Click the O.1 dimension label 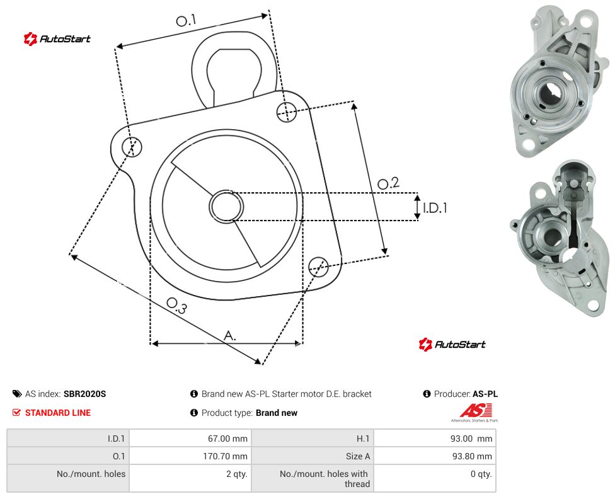click(x=186, y=20)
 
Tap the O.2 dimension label click(x=388, y=183)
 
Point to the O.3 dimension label click(x=176, y=306)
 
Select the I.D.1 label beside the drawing click(x=435, y=207)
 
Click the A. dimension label click(x=230, y=336)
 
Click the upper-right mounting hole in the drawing click(x=287, y=112)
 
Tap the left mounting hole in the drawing click(x=132, y=147)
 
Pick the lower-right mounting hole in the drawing click(x=318, y=267)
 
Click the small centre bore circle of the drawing click(x=226, y=207)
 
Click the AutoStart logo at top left click(x=57, y=39)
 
